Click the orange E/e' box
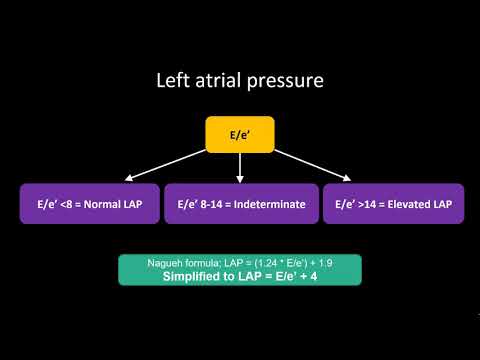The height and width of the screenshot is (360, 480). pos(240,135)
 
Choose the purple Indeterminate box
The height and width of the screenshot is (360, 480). pos(241,203)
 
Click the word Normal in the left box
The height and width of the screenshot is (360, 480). pos(104,204)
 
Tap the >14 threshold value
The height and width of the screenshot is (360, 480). pos(364,204)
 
